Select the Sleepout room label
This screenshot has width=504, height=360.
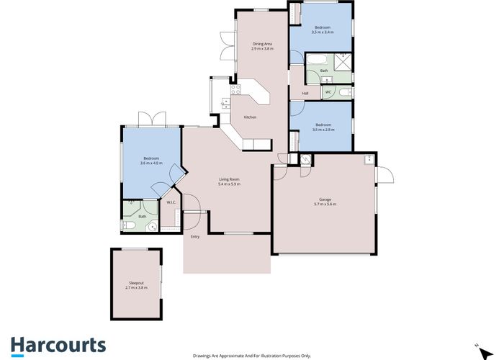click(x=137, y=284)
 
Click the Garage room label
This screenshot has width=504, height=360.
click(x=325, y=200)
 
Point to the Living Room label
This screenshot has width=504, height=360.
click(x=229, y=179)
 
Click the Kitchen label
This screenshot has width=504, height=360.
click(x=250, y=117)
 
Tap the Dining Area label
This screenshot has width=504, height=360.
click(x=262, y=44)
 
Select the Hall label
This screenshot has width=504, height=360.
click(x=305, y=94)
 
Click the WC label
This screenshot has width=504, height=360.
click(x=328, y=92)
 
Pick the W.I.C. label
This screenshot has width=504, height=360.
click(x=171, y=202)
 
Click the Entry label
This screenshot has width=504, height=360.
click(x=194, y=237)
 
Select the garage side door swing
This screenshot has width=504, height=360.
click(x=385, y=174)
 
